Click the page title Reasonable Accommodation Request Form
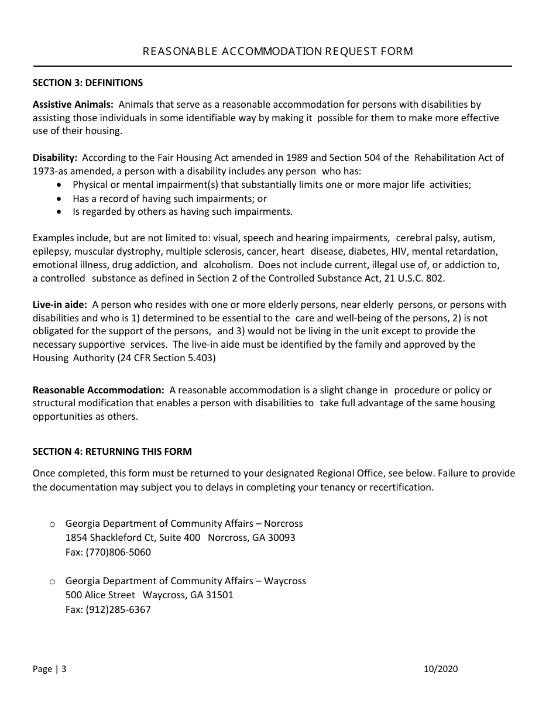[278, 52]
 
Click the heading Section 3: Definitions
[87, 83]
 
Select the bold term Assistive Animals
[73, 105]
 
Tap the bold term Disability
[54, 157]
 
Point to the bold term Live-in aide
[60, 305]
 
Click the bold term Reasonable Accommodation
[98, 390]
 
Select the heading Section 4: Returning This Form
[112, 451]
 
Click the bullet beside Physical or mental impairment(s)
[59, 185]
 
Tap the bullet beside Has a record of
[59, 198]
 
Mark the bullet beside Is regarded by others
[59, 212]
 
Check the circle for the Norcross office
[52, 524]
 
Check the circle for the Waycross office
[52, 581]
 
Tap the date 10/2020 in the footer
[441, 669]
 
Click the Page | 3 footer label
[49, 669]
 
